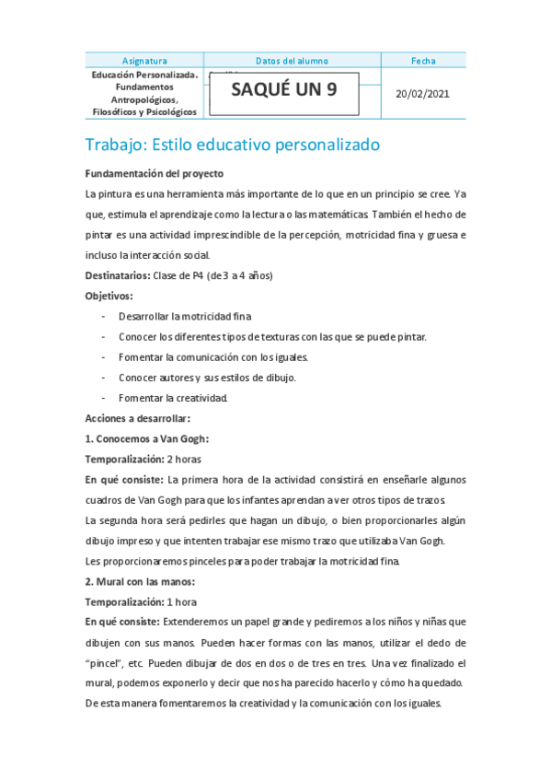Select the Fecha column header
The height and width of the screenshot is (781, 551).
point(423,61)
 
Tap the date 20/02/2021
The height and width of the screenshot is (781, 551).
point(423,94)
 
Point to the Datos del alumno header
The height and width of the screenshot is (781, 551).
point(292,61)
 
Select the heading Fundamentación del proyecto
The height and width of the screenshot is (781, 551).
point(154,173)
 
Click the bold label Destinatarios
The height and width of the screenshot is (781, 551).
point(118,275)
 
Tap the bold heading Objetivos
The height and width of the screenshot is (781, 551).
point(109,296)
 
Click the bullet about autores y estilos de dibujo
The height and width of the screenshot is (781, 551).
point(207,378)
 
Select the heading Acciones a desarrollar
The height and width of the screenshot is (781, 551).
point(137,418)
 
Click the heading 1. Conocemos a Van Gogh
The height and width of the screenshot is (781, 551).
point(146,438)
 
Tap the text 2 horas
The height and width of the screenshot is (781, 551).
point(184,459)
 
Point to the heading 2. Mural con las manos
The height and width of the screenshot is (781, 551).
point(140,581)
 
